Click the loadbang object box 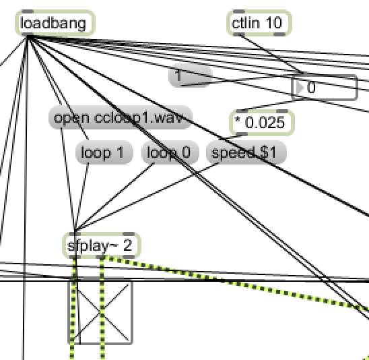(x=55, y=23)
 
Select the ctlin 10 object (x=259, y=23)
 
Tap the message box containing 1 (x=190, y=76)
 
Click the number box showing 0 (x=325, y=88)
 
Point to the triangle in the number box (x=300, y=88)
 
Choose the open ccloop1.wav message (x=121, y=117)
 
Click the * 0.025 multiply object (x=262, y=123)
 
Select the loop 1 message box (x=104, y=152)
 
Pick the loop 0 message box (x=170, y=152)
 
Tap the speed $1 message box (x=246, y=152)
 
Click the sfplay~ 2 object (x=102, y=245)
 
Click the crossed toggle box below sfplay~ (x=100, y=311)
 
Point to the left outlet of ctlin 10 (x=239, y=34)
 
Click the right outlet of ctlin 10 (x=279, y=34)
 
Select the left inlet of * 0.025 (x=242, y=111)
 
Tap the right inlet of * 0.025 (x=282, y=111)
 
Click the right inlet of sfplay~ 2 (x=129, y=234)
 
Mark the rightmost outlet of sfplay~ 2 (x=129, y=257)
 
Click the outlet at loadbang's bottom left (x=28, y=34)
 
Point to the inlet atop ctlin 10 (x=239, y=11)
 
